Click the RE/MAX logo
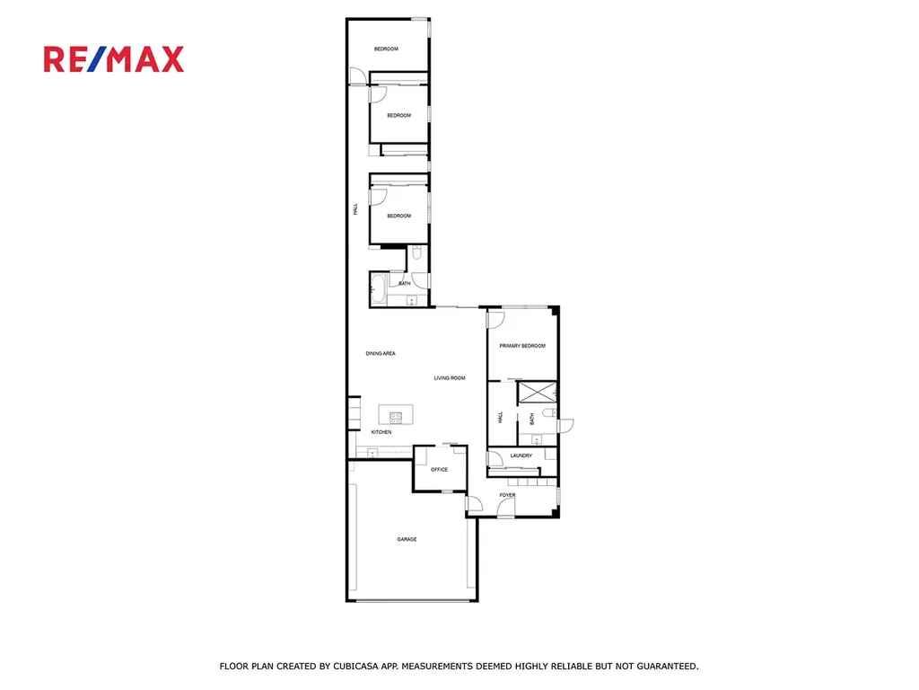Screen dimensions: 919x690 pyautogui.click(x=114, y=59)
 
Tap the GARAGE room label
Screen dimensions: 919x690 pyautogui.click(x=407, y=539)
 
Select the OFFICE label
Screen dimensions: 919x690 pyautogui.click(x=439, y=469)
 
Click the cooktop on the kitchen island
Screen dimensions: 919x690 pyautogui.click(x=396, y=418)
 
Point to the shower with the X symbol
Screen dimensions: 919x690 pyautogui.click(x=538, y=393)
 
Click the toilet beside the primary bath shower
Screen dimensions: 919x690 pyautogui.click(x=548, y=413)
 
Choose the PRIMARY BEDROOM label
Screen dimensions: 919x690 pyautogui.click(x=522, y=346)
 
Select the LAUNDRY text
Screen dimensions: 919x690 pyautogui.click(x=521, y=456)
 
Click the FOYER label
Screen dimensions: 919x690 pyautogui.click(x=508, y=495)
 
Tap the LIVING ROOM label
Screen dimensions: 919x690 pyautogui.click(x=450, y=378)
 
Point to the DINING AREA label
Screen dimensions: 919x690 pyautogui.click(x=381, y=353)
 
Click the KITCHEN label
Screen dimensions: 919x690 pyautogui.click(x=381, y=432)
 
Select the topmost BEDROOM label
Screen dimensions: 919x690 pyautogui.click(x=386, y=49)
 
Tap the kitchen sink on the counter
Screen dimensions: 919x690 pyautogui.click(x=372, y=453)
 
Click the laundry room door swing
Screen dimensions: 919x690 pyautogui.click(x=495, y=458)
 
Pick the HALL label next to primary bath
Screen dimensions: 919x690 pyautogui.click(x=500, y=417)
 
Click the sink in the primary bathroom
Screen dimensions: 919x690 pyautogui.click(x=537, y=438)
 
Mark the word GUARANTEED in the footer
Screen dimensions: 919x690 pyautogui.click(x=668, y=666)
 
